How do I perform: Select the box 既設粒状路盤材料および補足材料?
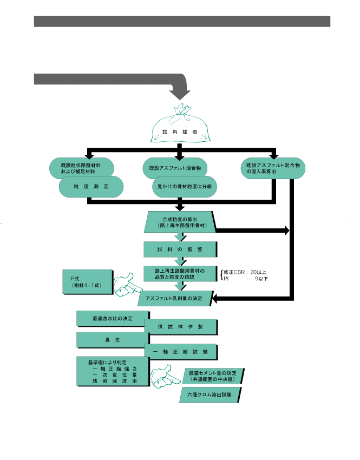coord(81,168)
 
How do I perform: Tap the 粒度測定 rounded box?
coord(91,187)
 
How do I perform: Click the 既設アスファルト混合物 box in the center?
coord(175,168)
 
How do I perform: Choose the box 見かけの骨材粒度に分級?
coord(185,187)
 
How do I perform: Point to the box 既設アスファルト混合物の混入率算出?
coord(273,168)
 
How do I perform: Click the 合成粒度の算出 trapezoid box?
coord(180,222)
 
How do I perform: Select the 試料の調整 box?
coord(180,249)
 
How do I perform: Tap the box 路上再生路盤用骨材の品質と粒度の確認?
coord(180,274)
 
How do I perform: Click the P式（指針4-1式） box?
coord(88,282)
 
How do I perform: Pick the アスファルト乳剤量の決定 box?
coord(175,298)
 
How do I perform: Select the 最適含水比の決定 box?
coord(113,319)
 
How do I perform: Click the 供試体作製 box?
coord(180,327)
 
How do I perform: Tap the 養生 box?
coord(113,340)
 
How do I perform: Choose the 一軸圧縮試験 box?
coord(180,352)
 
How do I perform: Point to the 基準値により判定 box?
coord(113,371)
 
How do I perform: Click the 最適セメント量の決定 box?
coord(212,376)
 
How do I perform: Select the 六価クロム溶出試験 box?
coord(210,395)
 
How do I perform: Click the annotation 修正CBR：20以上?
coord(245,272)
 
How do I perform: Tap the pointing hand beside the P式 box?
coord(127,285)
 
